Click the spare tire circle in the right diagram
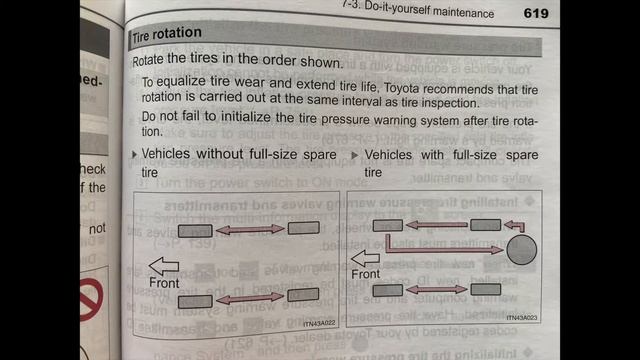tap(521, 249)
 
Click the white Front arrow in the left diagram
tap(162, 265)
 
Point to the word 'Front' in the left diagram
tap(164, 284)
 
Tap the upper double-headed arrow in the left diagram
tap(250, 231)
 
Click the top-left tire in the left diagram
tap(196, 232)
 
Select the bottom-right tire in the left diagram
tap(302, 294)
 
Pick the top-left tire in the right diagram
tap(387, 226)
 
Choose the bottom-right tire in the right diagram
tap(487, 289)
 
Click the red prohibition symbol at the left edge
tap(91, 299)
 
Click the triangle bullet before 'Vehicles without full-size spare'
tap(135, 156)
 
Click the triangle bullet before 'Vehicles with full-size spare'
tap(357, 156)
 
